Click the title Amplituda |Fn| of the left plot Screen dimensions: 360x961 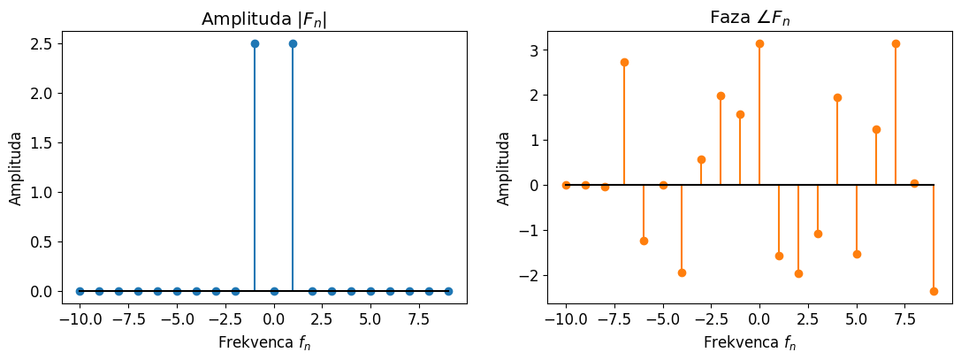pyautogui.click(x=263, y=19)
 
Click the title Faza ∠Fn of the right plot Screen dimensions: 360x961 pyautogui.click(x=749, y=19)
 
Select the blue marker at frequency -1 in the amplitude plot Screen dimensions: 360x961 pyautogui.click(x=255, y=43)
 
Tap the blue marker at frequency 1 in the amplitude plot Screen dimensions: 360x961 pyautogui.click(x=293, y=43)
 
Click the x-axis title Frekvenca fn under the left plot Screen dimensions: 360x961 pyautogui.click(x=263, y=344)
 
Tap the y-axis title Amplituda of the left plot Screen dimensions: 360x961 pyautogui.click(x=16, y=168)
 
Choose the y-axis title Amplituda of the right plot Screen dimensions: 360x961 pyautogui.click(x=504, y=168)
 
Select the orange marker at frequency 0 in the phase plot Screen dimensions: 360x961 pyautogui.click(x=759, y=43)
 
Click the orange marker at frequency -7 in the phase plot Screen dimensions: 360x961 pyautogui.click(x=624, y=62)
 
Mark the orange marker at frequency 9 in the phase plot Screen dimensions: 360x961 pyautogui.click(x=934, y=291)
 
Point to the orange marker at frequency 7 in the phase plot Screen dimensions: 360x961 pyautogui.click(x=896, y=43)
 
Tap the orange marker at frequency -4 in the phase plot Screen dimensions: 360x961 pyautogui.click(x=682, y=272)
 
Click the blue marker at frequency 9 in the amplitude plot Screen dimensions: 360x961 pyautogui.click(x=448, y=291)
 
